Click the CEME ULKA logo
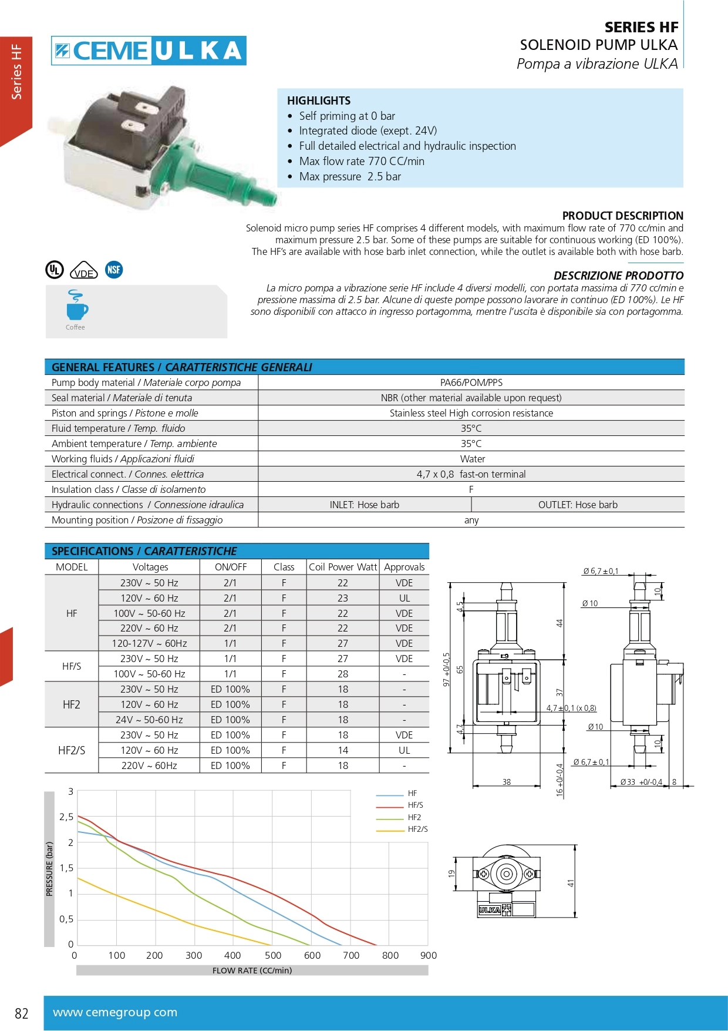149,51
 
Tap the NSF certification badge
114,270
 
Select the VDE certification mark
84,271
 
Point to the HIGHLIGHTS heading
319,100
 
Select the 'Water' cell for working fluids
472,459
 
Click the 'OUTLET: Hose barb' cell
578,505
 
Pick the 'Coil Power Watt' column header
343,567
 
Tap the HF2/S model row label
72,750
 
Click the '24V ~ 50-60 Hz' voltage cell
149,720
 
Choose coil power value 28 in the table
343,674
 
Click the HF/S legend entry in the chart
415,805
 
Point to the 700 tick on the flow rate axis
351,955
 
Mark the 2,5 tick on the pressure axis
66,817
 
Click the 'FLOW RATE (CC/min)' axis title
252,970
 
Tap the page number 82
22,1013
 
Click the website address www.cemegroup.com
115,1012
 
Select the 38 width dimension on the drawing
507,782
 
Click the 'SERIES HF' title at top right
641,27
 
